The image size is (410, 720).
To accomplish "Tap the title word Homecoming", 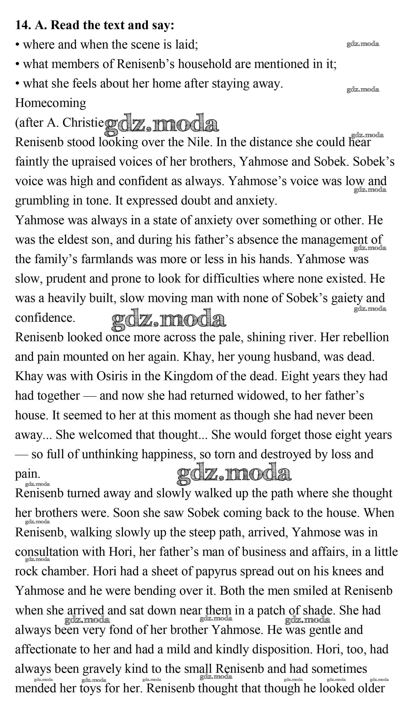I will point(51,103).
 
